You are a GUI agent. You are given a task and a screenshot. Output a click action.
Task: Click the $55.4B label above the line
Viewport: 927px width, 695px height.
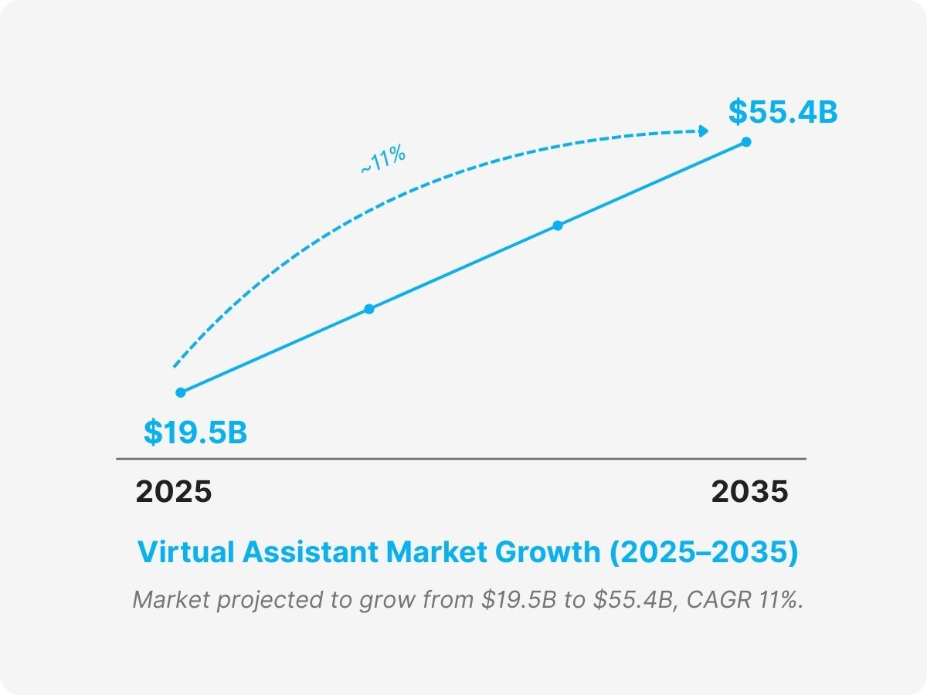783,113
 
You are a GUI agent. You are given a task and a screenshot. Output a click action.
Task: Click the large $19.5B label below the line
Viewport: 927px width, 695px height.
195,432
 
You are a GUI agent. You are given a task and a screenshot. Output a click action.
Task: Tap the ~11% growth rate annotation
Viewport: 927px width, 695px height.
383,159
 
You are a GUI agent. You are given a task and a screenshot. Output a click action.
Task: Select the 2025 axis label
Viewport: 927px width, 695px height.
174,492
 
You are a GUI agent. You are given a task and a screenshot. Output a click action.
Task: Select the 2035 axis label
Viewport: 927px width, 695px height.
750,492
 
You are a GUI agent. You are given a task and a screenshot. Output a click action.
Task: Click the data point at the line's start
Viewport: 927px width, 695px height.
181,392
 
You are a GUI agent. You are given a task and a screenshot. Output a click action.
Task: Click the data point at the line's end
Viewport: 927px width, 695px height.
746,141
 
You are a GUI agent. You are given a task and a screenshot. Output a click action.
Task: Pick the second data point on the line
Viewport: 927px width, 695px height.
369,309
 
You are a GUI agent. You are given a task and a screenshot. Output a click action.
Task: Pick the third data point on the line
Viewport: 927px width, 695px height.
558,225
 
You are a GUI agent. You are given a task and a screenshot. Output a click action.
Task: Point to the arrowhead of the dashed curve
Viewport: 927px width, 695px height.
703,131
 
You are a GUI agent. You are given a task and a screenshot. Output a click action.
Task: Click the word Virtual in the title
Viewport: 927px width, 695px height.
185,553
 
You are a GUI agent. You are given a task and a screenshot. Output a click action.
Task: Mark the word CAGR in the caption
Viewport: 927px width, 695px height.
718,600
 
